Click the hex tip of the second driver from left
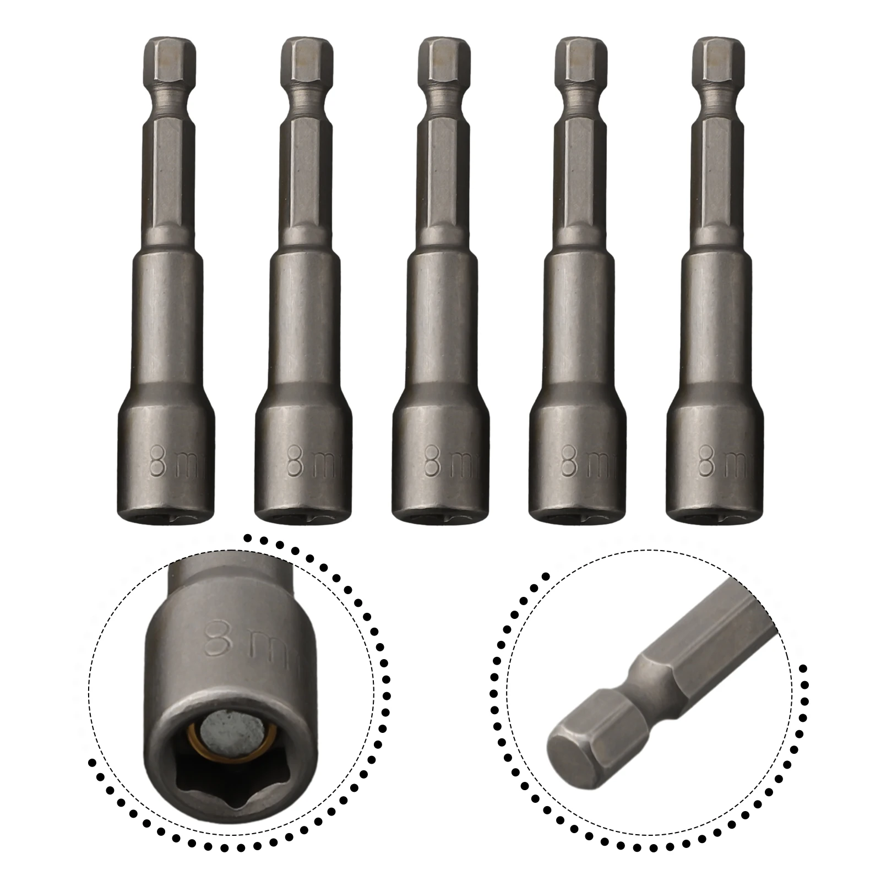coord(306,61)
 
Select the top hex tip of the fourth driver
coord(581,61)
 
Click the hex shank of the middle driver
coord(443,182)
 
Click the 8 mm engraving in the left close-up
coord(242,641)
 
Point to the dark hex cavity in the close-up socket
coord(220,782)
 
